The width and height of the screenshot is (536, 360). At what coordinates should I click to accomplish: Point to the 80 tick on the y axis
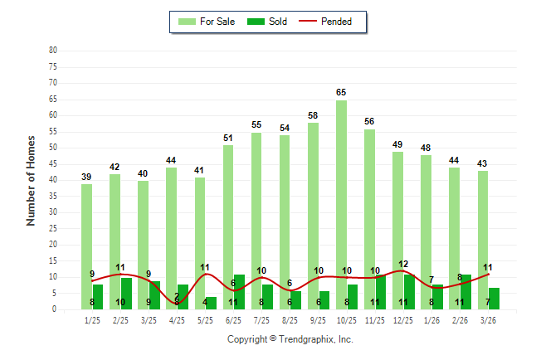click(53, 51)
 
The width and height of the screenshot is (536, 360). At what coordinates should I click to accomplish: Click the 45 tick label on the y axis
click(53, 164)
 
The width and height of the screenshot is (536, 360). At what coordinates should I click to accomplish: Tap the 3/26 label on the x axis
click(488, 319)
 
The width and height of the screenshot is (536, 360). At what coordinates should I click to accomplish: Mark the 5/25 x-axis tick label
click(205, 319)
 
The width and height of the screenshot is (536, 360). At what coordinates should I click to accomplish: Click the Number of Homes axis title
click(31, 180)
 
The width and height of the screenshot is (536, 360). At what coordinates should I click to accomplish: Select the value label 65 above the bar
click(341, 92)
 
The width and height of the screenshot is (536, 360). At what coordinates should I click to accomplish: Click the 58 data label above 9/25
click(313, 115)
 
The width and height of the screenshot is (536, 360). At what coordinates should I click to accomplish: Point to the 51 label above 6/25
click(228, 138)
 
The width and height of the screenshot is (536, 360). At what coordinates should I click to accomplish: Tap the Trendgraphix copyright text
click(290, 339)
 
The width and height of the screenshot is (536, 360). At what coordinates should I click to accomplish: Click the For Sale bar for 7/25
click(256, 216)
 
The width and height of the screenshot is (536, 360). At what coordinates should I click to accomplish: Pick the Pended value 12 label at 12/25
click(403, 264)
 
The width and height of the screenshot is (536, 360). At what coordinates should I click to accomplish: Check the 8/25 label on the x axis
click(290, 319)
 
